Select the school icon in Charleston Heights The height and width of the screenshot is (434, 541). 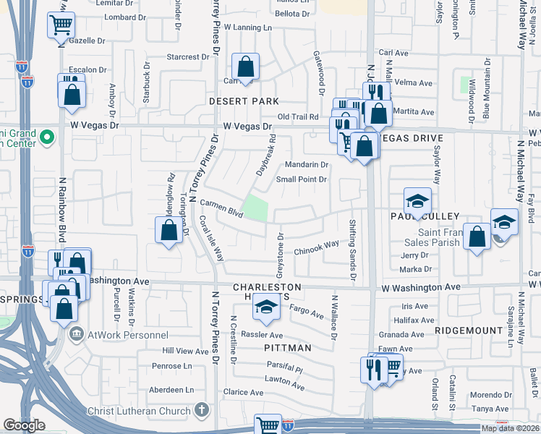pos(265,308)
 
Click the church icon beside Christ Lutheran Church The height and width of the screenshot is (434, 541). pos(202,410)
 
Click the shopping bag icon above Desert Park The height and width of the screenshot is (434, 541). pos(246,67)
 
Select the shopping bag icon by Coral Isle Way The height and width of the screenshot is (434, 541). pos(169,231)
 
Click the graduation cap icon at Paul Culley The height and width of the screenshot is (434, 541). pos(417,201)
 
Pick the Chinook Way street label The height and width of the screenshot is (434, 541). pos(316,248)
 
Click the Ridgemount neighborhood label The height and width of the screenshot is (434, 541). pos(469,330)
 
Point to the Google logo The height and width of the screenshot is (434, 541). pos(23,425)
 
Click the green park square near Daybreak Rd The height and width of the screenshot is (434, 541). pos(255,209)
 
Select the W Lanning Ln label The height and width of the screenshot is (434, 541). pos(247,27)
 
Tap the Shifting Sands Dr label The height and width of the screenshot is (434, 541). pos(352,250)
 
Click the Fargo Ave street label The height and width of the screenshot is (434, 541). pos(306,313)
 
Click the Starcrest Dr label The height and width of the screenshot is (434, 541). pos(187,56)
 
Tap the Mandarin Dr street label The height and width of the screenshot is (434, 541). pos(306,164)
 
